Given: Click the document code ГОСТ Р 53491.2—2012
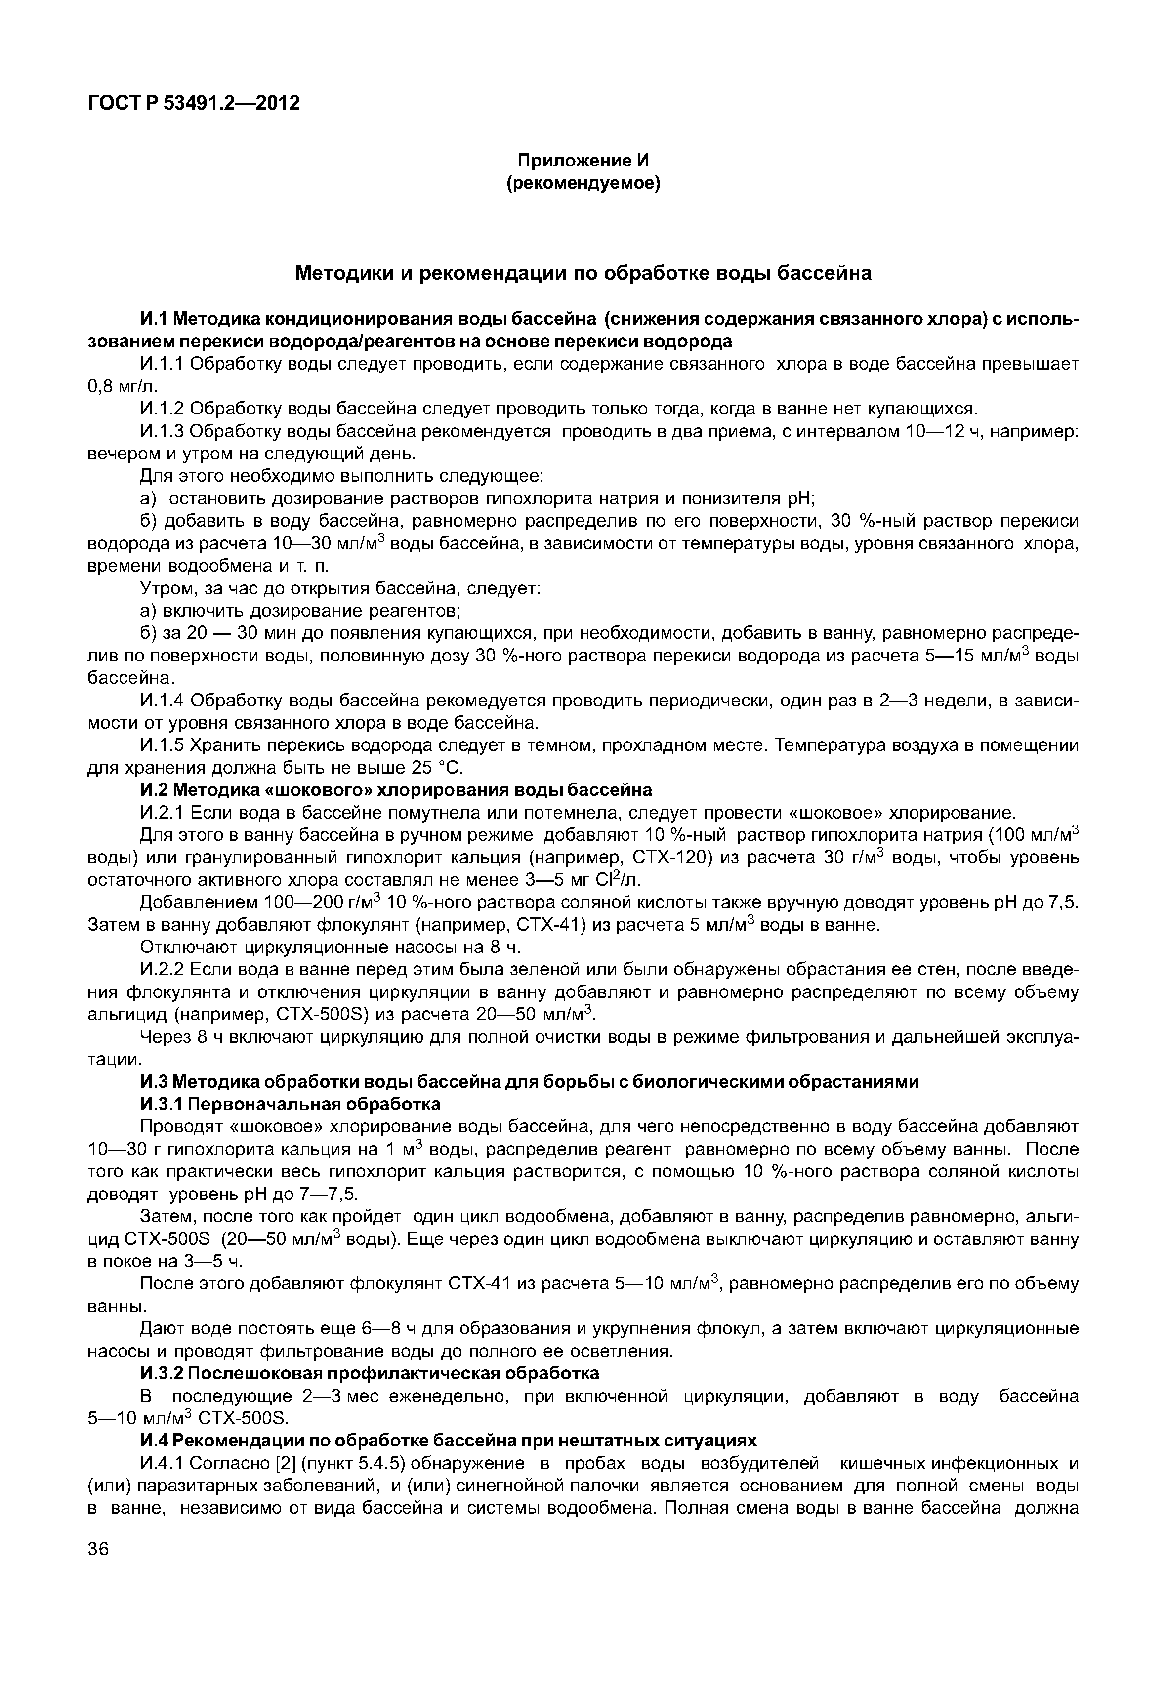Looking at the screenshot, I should [x=194, y=103].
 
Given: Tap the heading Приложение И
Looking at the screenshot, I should [x=583, y=160].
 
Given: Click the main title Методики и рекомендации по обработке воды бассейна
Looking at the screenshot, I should [x=583, y=274].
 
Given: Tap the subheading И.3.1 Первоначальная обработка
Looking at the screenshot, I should [x=291, y=1104].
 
